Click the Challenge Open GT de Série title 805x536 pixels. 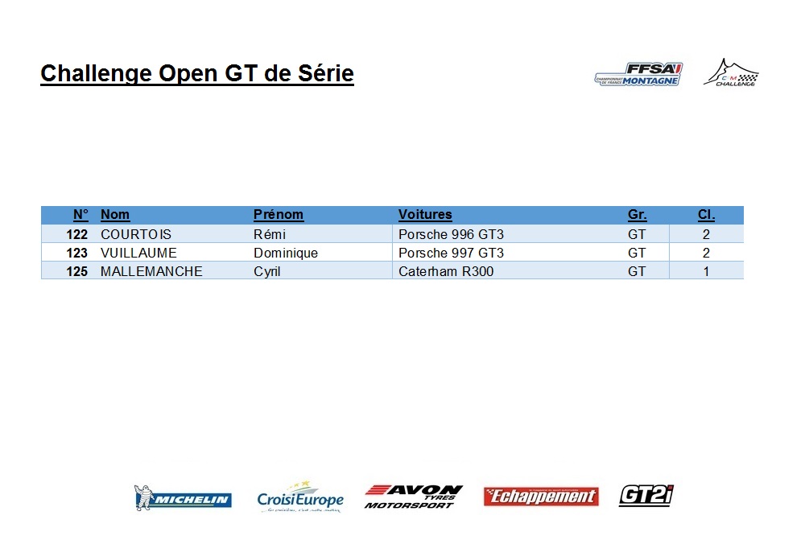(197, 73)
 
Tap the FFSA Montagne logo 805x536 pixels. (638, 74)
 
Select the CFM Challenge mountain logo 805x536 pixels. (732, 72)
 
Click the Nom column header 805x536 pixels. (115, 215)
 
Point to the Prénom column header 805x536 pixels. (279, 215)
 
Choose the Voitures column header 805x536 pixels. (425, 215)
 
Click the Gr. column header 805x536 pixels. (637, 215)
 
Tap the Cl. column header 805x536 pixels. (707, 215)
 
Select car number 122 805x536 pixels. (77, 235)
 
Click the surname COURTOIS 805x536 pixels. (136, 235)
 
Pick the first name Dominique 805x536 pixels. (286, 253)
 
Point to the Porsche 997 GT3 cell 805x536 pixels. (452, 253)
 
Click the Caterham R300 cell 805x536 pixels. (446, 271)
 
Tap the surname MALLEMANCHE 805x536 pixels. (151, 271)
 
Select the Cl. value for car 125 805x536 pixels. (707, 271)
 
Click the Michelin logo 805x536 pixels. (183, 497)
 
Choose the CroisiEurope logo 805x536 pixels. (300, 497)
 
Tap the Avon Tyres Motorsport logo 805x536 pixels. (413, 497)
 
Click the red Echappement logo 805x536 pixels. (541, 497)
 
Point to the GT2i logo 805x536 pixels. (646, 496)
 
